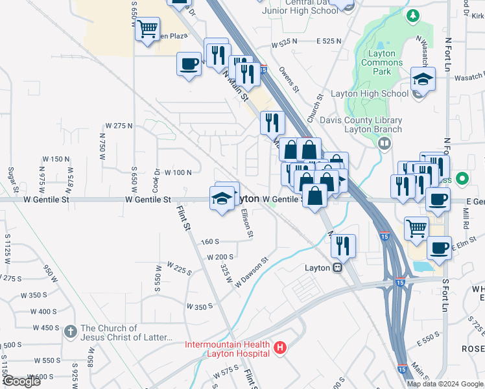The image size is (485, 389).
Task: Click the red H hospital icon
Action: tap(280, 349)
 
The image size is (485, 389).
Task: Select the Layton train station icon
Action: tap(337, 268)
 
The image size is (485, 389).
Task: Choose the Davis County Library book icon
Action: tap(384, 143)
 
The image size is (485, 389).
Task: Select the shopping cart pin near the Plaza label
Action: tap(147, 28)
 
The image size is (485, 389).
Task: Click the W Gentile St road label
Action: tap(148, 200)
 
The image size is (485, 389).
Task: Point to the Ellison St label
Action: tap(246, 222)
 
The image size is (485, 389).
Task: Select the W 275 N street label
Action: tap(119, 125)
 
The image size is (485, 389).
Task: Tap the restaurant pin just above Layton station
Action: tap(343, 245)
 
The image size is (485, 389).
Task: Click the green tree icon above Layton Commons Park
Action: tap(411, 15)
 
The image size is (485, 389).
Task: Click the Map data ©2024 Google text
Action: tap(444, 383)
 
